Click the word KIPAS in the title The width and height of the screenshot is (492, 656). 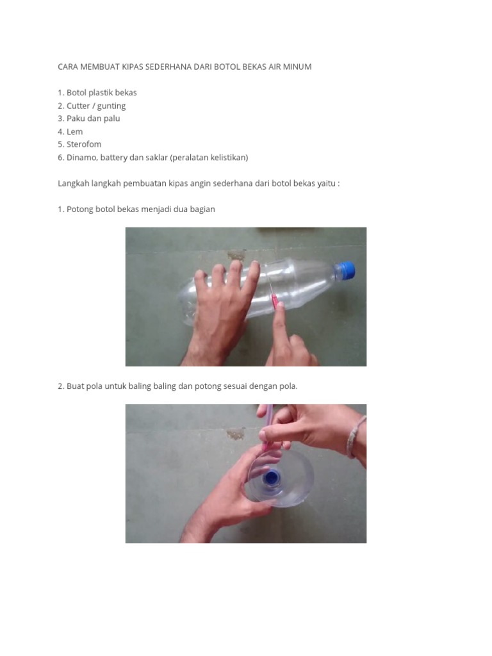point(132,67)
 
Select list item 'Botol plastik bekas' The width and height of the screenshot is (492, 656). point(102,92)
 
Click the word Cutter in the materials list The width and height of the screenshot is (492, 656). point(78,106)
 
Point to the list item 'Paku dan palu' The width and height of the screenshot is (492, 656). point(94,119)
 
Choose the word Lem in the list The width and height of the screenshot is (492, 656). point(74,132)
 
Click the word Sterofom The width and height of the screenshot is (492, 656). point(84,144)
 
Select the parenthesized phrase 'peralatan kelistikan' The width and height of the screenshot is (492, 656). point(209,158)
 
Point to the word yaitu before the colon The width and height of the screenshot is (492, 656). point(326,184)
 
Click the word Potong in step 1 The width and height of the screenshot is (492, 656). point(79,209)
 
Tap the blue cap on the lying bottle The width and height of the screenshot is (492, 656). point(345,270)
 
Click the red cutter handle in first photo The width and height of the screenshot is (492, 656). point(275,300)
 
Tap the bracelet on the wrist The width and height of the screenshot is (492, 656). point(355,436)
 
